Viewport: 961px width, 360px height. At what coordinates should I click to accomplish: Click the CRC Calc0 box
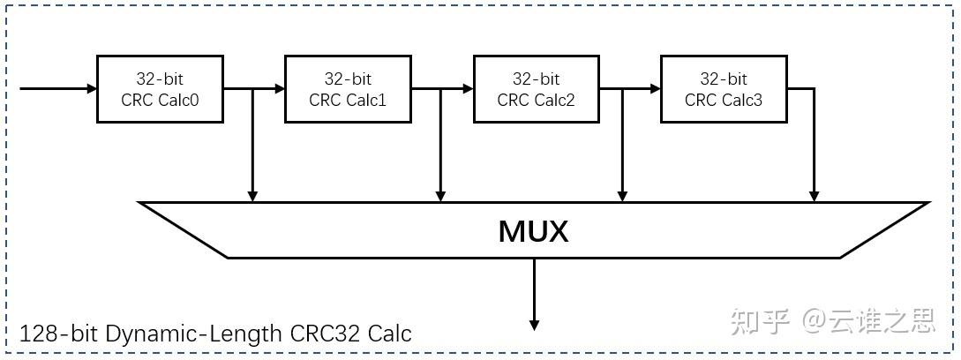pyautogui.click(x=160, y=89)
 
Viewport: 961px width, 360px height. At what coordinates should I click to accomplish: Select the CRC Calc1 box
pyautogui.click(x=348, y=89)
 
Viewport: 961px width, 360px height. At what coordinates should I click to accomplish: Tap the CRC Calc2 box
pyautogui.click(x=536, y=89)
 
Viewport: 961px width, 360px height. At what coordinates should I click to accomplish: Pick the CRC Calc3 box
pyautogui.click(x=724, y=89)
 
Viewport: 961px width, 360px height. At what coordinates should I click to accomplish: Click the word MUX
pyautogui.click(x=533, y=231)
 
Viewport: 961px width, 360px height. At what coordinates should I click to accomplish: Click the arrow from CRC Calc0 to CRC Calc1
pyautogui.click(x=265, y=89)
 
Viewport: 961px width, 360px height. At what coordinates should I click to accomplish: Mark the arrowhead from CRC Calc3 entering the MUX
pyautogui.click(x=813, y=195)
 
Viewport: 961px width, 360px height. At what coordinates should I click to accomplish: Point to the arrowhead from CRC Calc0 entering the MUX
pyautogui.click(x=252, y=195)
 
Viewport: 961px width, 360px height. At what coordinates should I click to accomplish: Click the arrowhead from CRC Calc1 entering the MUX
pyautogui.click(x=440, y=195)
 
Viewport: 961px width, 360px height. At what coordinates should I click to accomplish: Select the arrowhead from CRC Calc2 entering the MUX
pyautogui.click(x=622, y=195)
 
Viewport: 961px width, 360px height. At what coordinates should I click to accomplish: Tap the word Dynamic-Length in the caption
pyautogui.click(x=194, y=334)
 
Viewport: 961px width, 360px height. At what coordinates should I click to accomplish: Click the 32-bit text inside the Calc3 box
pyautogui.click(x=724, y=79)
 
